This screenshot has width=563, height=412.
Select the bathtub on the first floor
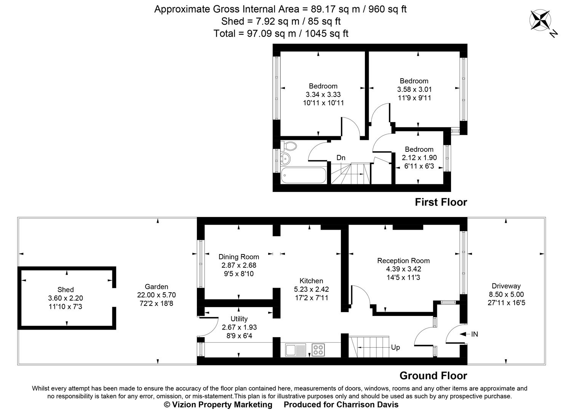coord(304,176)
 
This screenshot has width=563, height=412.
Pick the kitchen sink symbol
coord(296,350)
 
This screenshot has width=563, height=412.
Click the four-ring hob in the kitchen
coord(318,350)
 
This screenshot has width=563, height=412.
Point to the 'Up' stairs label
coord(395,348)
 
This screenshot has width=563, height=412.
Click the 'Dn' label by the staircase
coord(341,158)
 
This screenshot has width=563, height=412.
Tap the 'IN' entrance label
coord(474,334)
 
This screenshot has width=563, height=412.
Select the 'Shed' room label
coord(66,290)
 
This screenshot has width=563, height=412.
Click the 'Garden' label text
coord(156,286)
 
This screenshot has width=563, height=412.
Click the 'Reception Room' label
coord(403,261)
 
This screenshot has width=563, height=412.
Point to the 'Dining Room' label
coord(238,257)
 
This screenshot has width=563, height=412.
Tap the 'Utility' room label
coord(239,319)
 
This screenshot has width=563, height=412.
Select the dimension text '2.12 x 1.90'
coord(419,158)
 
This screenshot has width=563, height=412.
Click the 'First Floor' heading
coord(441,202)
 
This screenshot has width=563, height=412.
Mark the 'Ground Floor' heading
coord(433,376)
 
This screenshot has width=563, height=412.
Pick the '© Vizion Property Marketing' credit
coord(218,404)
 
